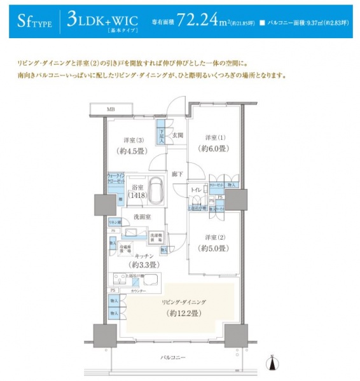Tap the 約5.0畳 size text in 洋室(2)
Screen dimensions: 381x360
pyautogui.click(x=212, y=249)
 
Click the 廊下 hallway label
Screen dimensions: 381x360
pyautogui.click(x=176, y=174)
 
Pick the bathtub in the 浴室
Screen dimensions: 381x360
pyautogui.click(x=156, y=190)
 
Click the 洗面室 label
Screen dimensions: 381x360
pyautogui.click(x=141, y=217)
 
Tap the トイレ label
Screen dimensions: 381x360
pyautogui.click(x=197, y=190)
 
